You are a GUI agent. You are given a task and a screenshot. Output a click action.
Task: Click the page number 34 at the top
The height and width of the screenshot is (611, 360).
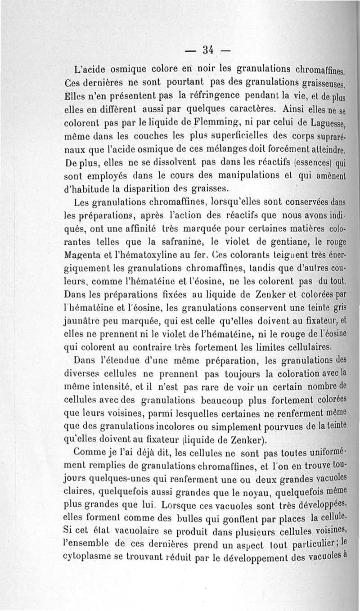pyautogui.click(x=207, y=50)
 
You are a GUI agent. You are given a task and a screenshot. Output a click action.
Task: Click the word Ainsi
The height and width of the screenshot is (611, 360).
pyautogui.click(x=283, y=109)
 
